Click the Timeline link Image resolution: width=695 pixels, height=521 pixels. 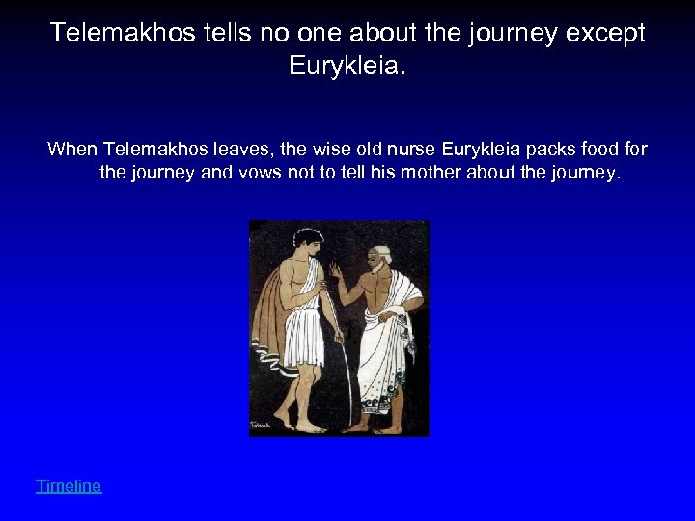(69, 486)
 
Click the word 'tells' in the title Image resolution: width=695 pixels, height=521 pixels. (193, 33)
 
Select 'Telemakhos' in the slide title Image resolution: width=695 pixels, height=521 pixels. (106, 33)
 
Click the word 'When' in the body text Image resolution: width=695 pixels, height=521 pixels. (72, 150)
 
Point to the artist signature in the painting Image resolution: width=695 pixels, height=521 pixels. (262, 425)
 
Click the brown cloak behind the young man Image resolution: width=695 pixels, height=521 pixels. (268, 328)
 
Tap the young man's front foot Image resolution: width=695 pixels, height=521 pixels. (310, 425)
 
